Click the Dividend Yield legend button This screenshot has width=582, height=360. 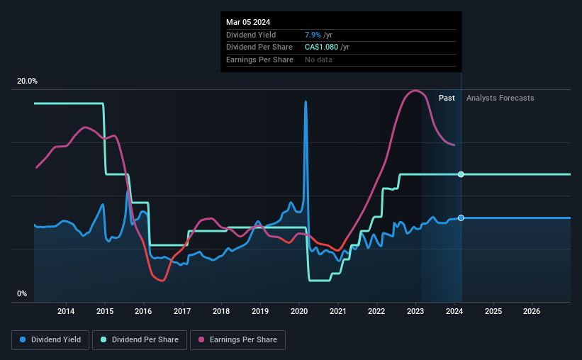(x=50, y=339)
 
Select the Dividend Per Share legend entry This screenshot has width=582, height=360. (x=144, y=339)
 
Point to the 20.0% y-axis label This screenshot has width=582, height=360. (x=27, y=81)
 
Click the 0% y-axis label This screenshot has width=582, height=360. (x=22, y=293)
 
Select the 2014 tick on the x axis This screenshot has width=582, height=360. (x=66, y=311)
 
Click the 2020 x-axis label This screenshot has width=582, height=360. (x=299, y=311)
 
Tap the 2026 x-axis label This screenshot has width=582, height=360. (x=532, y=311)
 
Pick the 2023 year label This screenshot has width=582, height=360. (x=415, y=311)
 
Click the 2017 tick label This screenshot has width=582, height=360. (x=182, y=311)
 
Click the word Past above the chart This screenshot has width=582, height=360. (x=447, y=98)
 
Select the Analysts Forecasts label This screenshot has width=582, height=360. (x=500, y=98)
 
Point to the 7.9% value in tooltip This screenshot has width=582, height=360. (x=313, y=35)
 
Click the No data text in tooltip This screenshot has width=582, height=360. (x=318, y=60)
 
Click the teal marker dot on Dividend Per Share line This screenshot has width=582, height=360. (x=461, y=174)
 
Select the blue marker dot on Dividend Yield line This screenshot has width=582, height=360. (x=461, y=218)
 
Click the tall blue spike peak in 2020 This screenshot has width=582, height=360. (x=306, y=101)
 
